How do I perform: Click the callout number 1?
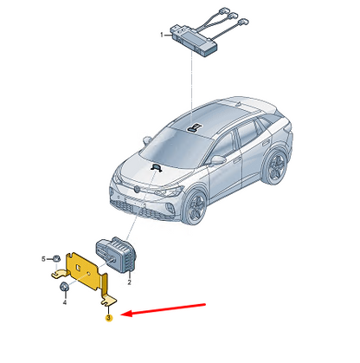[162, 35]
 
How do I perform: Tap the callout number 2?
[129, 282]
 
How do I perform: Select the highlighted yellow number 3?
[108, 318]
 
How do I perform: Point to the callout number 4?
[65, 302]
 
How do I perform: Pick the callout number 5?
[43, 259]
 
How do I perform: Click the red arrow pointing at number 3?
[163, 309]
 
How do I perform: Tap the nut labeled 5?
[56, 258]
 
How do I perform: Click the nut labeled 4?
[64, 288]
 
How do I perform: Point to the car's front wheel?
[196, 206]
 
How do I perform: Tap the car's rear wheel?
[275, 168]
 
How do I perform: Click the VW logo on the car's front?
[137, 189]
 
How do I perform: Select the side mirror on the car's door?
[218, 159]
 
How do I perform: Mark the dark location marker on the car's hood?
[157, 167]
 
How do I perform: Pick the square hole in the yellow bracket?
[77, 267]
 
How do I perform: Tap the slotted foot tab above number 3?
[109, 301]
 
